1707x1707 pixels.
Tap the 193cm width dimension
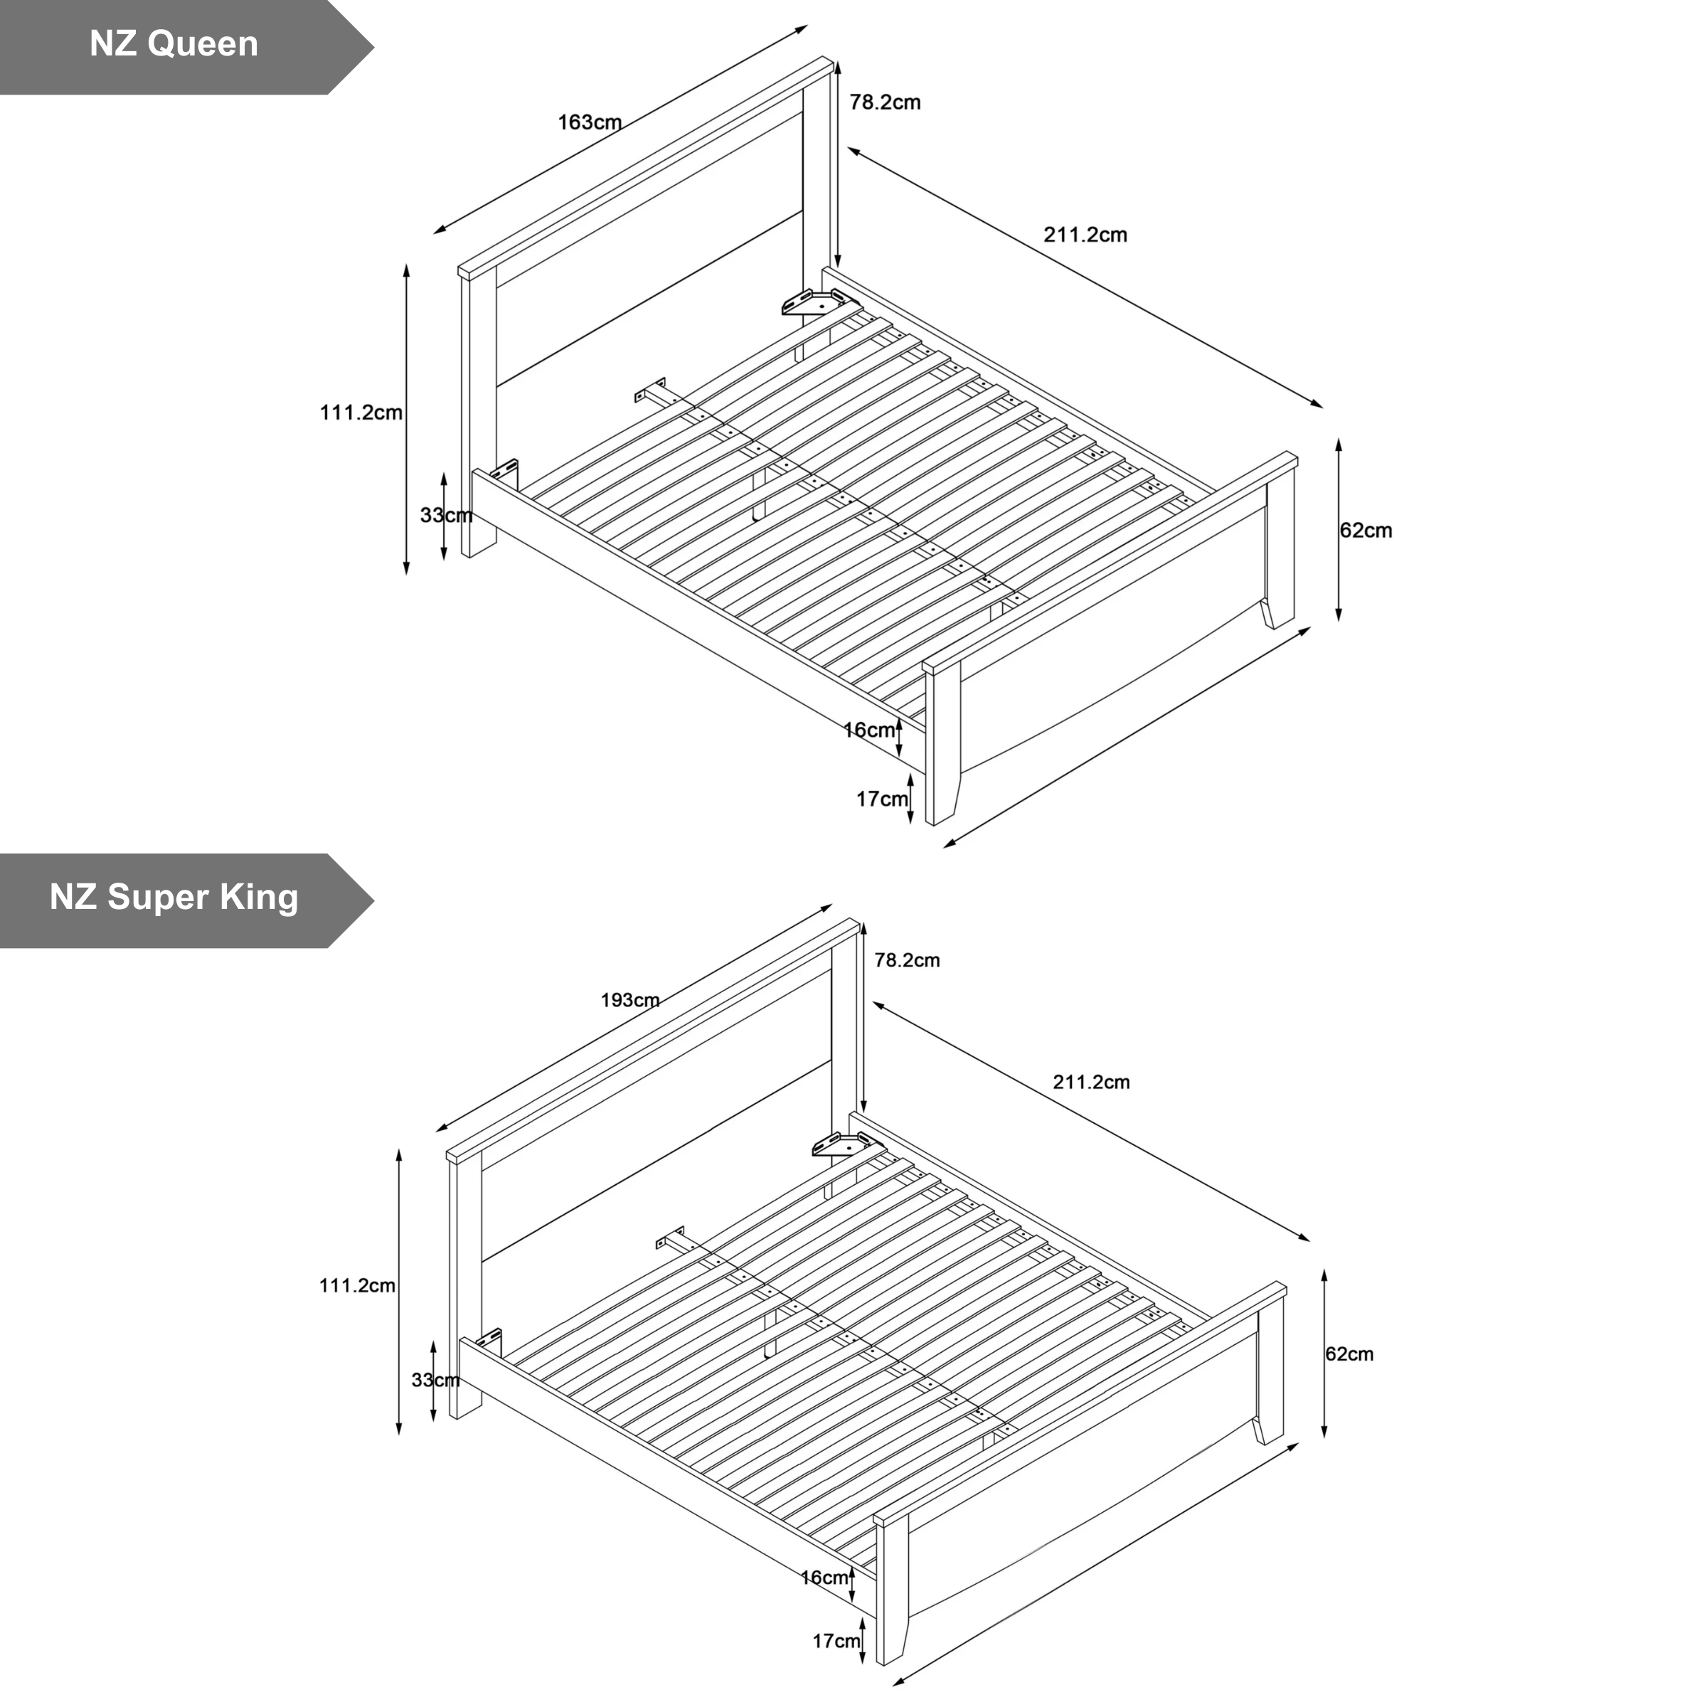pos(630,1000)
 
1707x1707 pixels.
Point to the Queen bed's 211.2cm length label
pos(1085,235)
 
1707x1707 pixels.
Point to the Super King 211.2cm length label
pos(1091,1083)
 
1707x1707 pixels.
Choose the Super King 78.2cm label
pos(908,960)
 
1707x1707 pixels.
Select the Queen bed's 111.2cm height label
pos(361,413)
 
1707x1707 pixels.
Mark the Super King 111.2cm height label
pos(357,1285)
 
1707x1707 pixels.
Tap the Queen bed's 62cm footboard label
pos(1366,531)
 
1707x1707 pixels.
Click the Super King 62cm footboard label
pos(1349,1354)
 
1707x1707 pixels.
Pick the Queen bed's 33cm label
pos(446,515)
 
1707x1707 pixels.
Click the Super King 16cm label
pos(824,1578)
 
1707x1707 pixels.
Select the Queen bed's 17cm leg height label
pos(882,799)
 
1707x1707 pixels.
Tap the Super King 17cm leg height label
pos(836,1642)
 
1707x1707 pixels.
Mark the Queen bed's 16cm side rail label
pos(869,730)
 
